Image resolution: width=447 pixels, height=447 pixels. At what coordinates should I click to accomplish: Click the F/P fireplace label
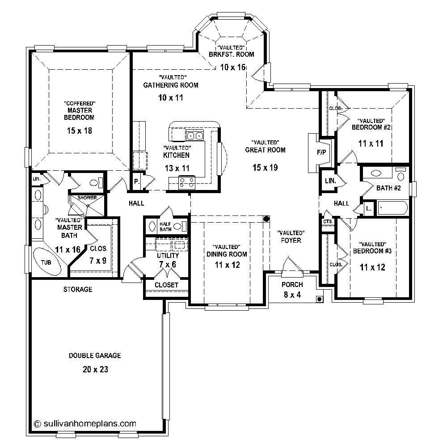tap(321, 152)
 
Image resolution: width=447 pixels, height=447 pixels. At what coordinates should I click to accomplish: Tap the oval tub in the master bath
tap(46, 262)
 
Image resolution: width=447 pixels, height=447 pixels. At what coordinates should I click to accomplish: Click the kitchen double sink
tap(195, 135)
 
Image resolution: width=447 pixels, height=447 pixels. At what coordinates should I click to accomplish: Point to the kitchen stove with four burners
tap(186, 182)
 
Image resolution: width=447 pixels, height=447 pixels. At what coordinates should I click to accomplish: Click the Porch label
tap(292, 285)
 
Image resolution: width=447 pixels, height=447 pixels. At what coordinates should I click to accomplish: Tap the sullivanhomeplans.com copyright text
tap(85, 423)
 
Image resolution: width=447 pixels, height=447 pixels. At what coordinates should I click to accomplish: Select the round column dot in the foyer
tap(267, 219)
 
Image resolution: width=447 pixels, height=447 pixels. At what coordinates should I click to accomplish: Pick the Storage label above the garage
tap(78, 289)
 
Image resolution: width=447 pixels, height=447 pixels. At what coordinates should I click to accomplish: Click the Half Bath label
tap(165, 227)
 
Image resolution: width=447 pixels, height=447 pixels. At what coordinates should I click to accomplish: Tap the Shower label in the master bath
tap(87, 198)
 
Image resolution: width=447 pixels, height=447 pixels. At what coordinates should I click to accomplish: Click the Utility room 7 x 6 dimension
tap(168, 265)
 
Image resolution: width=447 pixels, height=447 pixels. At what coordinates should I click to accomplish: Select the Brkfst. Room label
tap(231, 55)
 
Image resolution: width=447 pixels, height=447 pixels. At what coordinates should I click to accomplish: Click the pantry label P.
tap(136, 182)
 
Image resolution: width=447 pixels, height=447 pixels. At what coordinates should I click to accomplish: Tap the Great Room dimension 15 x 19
tap(265, 168)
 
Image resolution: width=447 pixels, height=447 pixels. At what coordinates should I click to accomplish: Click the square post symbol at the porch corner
tap(319, 299)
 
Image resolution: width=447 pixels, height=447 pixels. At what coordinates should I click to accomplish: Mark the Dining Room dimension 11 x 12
tap(227, 265)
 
